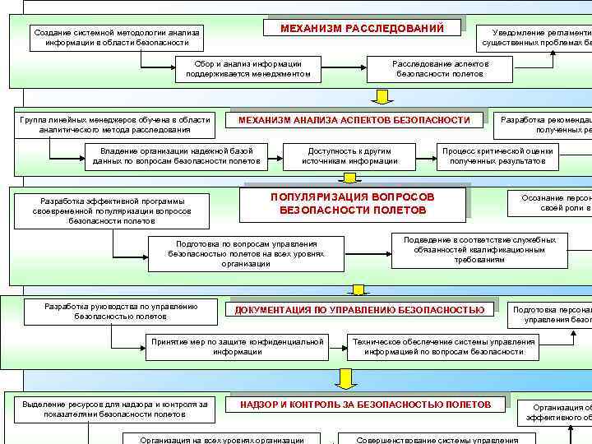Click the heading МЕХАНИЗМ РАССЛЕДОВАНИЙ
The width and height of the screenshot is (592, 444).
[362, 29]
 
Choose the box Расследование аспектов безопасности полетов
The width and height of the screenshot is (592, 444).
[440, 68]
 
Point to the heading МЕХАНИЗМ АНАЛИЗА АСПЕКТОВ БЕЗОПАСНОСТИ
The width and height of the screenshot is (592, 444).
[354, 120]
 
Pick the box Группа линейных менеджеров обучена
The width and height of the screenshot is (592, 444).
[115, 124]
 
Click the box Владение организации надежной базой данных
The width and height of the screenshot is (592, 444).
[176, 155]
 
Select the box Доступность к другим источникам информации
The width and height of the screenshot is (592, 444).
[349, 155]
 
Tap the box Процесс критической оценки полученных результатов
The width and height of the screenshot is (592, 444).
[497, 155]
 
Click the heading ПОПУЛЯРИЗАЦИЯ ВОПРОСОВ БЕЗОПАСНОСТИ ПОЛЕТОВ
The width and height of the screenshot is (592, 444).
[353, 204]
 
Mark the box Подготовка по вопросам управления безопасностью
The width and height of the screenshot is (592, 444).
[246, 253]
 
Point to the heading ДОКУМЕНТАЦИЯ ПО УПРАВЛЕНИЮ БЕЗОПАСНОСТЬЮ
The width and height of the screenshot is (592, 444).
[359, 310]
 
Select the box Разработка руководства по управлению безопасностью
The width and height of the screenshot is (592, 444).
[121, 311]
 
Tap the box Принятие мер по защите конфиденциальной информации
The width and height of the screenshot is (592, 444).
[237, 346]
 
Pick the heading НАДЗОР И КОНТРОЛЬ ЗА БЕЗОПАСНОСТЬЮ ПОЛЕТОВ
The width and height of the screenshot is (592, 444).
[365, 405]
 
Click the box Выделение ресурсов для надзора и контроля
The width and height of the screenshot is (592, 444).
[115, 409]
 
